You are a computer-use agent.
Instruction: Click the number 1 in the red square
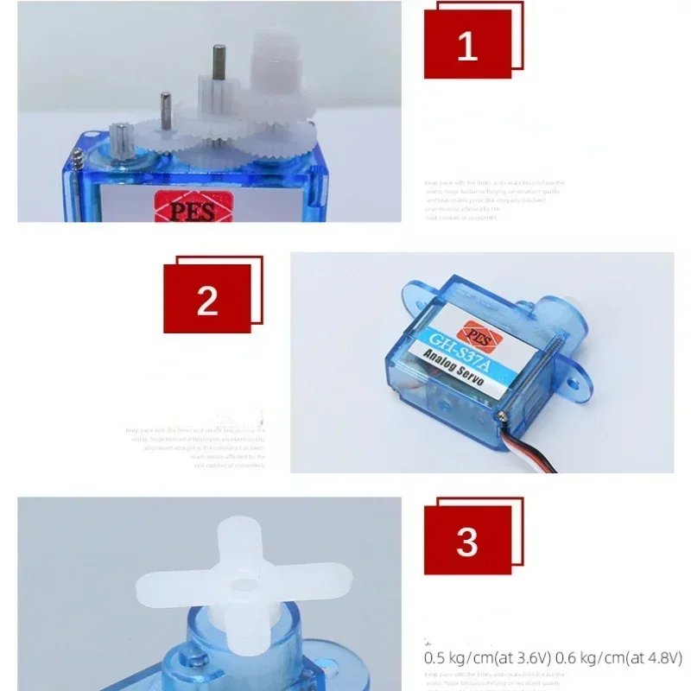pos(467,45)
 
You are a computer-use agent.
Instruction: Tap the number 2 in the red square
pos(207,300)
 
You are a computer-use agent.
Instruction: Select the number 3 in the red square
pos(467,542)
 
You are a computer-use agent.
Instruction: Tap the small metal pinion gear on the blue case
pos(120,140)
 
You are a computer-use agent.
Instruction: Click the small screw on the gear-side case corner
pos(79,158)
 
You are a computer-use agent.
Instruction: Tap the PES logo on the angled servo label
pos(476,333)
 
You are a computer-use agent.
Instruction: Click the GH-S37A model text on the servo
pos(459,353)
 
